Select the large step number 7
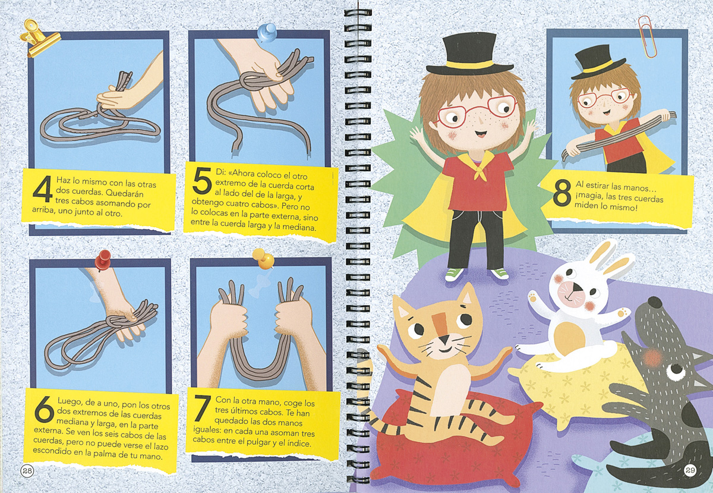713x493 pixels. [201, 407]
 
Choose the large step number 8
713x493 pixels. [562, 194]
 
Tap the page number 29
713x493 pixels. [689, 470]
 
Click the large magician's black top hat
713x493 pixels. [470, 55]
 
